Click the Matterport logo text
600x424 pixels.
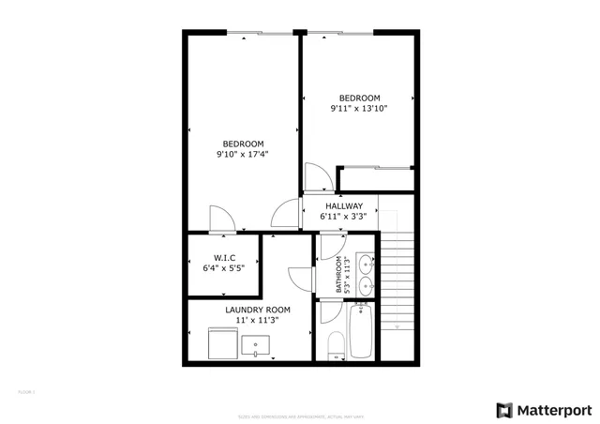coord(552,409)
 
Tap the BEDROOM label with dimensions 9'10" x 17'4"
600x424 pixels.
coord(243,144)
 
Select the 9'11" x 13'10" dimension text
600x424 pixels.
coord(359,109)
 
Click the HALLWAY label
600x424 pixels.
coord(344,205)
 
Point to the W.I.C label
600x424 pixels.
coord(224,257)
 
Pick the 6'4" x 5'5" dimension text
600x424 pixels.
coord(224,268)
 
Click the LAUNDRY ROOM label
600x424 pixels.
coord(258,310)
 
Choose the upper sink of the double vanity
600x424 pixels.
coord(367,265)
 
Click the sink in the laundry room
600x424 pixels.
coord(255,346)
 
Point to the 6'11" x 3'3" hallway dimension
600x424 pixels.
coord(344,217)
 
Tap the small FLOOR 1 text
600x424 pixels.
coord(26,391)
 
